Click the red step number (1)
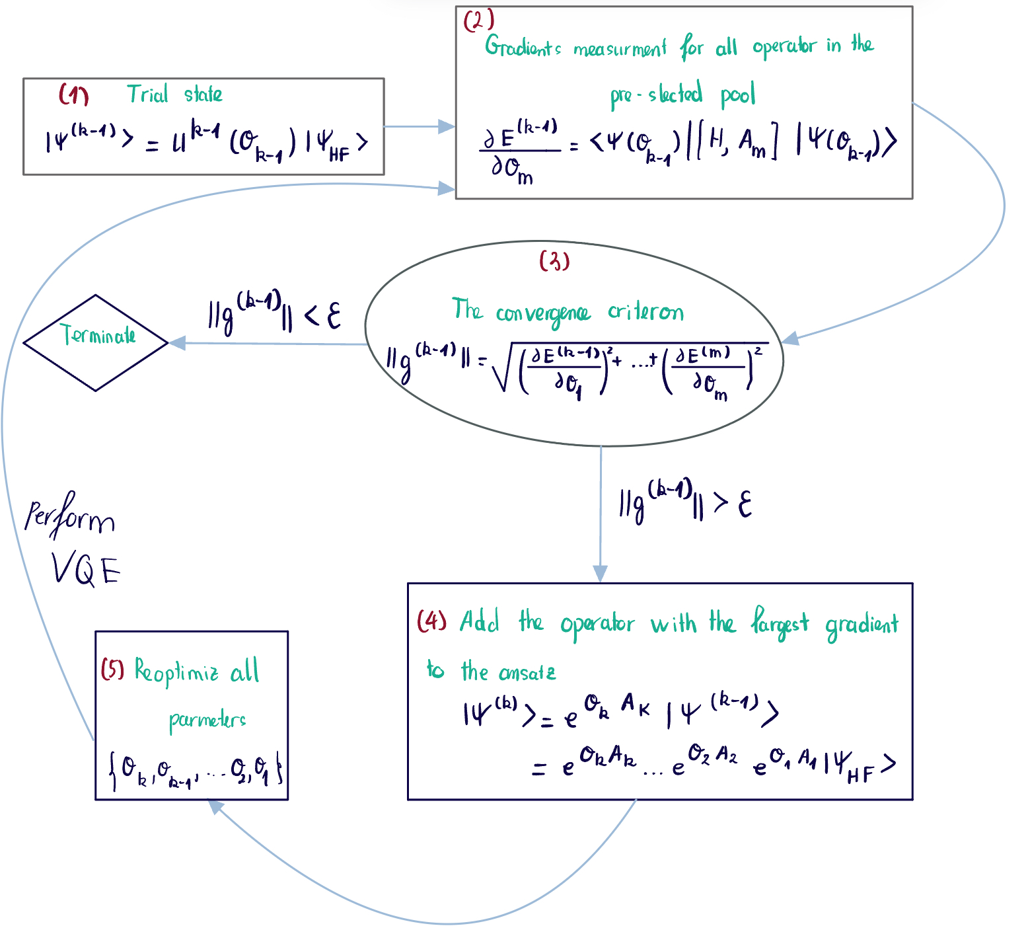(73, 95)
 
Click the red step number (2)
(478, 21)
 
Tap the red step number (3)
(554, 261)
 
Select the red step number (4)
(432, 621)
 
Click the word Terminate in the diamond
(98, 335)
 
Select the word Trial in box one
(147, 95)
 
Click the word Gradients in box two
(523, 47)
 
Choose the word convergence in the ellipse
(542, 313)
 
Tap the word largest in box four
(780, 623)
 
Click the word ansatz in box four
(527, 673)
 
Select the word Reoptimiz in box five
(176, 671)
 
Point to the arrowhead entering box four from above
(600, 573)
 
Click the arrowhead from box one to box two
(447, 126)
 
